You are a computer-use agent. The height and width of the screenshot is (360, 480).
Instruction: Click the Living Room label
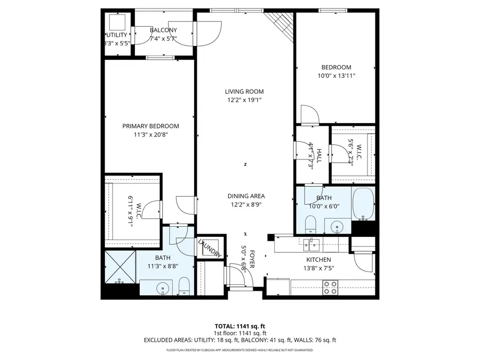tap(244, 92)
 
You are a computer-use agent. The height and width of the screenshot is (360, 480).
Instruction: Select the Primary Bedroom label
tap(150, 126)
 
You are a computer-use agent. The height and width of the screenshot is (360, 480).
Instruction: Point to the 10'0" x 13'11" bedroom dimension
tap(336, 76)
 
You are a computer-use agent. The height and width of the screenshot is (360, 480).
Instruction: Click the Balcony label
tap(163, 30)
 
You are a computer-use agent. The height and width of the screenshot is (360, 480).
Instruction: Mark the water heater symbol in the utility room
tap(117, 22)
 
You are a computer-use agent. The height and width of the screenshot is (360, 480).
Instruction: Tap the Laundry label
tap(209, 248)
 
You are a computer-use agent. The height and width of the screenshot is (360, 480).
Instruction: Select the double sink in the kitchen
tap(311, 244)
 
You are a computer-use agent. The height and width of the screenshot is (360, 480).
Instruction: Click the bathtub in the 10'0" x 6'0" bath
tap(364, 204)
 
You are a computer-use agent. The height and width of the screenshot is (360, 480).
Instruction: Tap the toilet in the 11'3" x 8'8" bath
tap(183, 285)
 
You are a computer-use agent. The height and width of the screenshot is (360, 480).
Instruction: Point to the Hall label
tap(319, 155)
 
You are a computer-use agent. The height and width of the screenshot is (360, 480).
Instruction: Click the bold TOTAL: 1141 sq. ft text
tap(239, 325)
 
